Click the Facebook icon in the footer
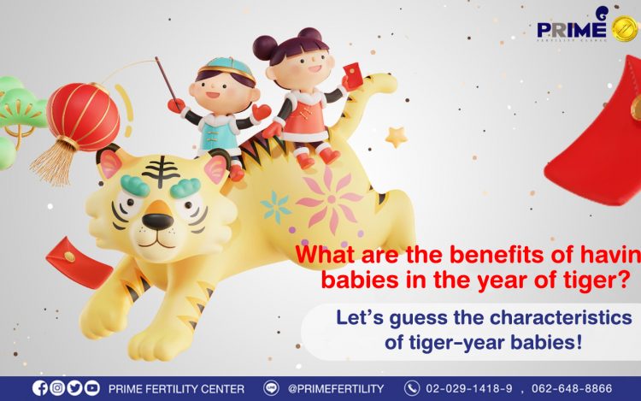pyautogui.click(x=39, y=388)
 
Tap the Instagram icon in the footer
pyautogui.click(x=57, y=388)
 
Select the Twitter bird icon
pyautogui.click(x=75, y=388)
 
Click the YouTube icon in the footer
pyautogui.click(x=92, y=388)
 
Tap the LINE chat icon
pyautogui.click(x=271, y=388)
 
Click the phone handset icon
pyautogui.click(x=412, y=388)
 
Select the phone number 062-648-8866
pyautogui.click(x=572, y=388)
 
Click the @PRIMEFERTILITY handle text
pyautogui.click(x=336, y=388)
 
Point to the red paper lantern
pyautogui.click(x=83, y=116)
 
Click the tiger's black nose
pyautogui.click(x=158, y=221)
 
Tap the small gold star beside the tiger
pyautogui.click(x=397, y=137)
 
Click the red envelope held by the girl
pyautogui.click(x=353, y=75)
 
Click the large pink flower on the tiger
pyautogui.click(x=330, y=199)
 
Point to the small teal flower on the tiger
pyautogui.click(x=275, y=207)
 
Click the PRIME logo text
pyautogui.click(x=572, y=29)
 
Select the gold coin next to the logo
pyautogui.click(x=625, y=28)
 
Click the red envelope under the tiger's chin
pyautogui.click(x=79, y=262)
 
